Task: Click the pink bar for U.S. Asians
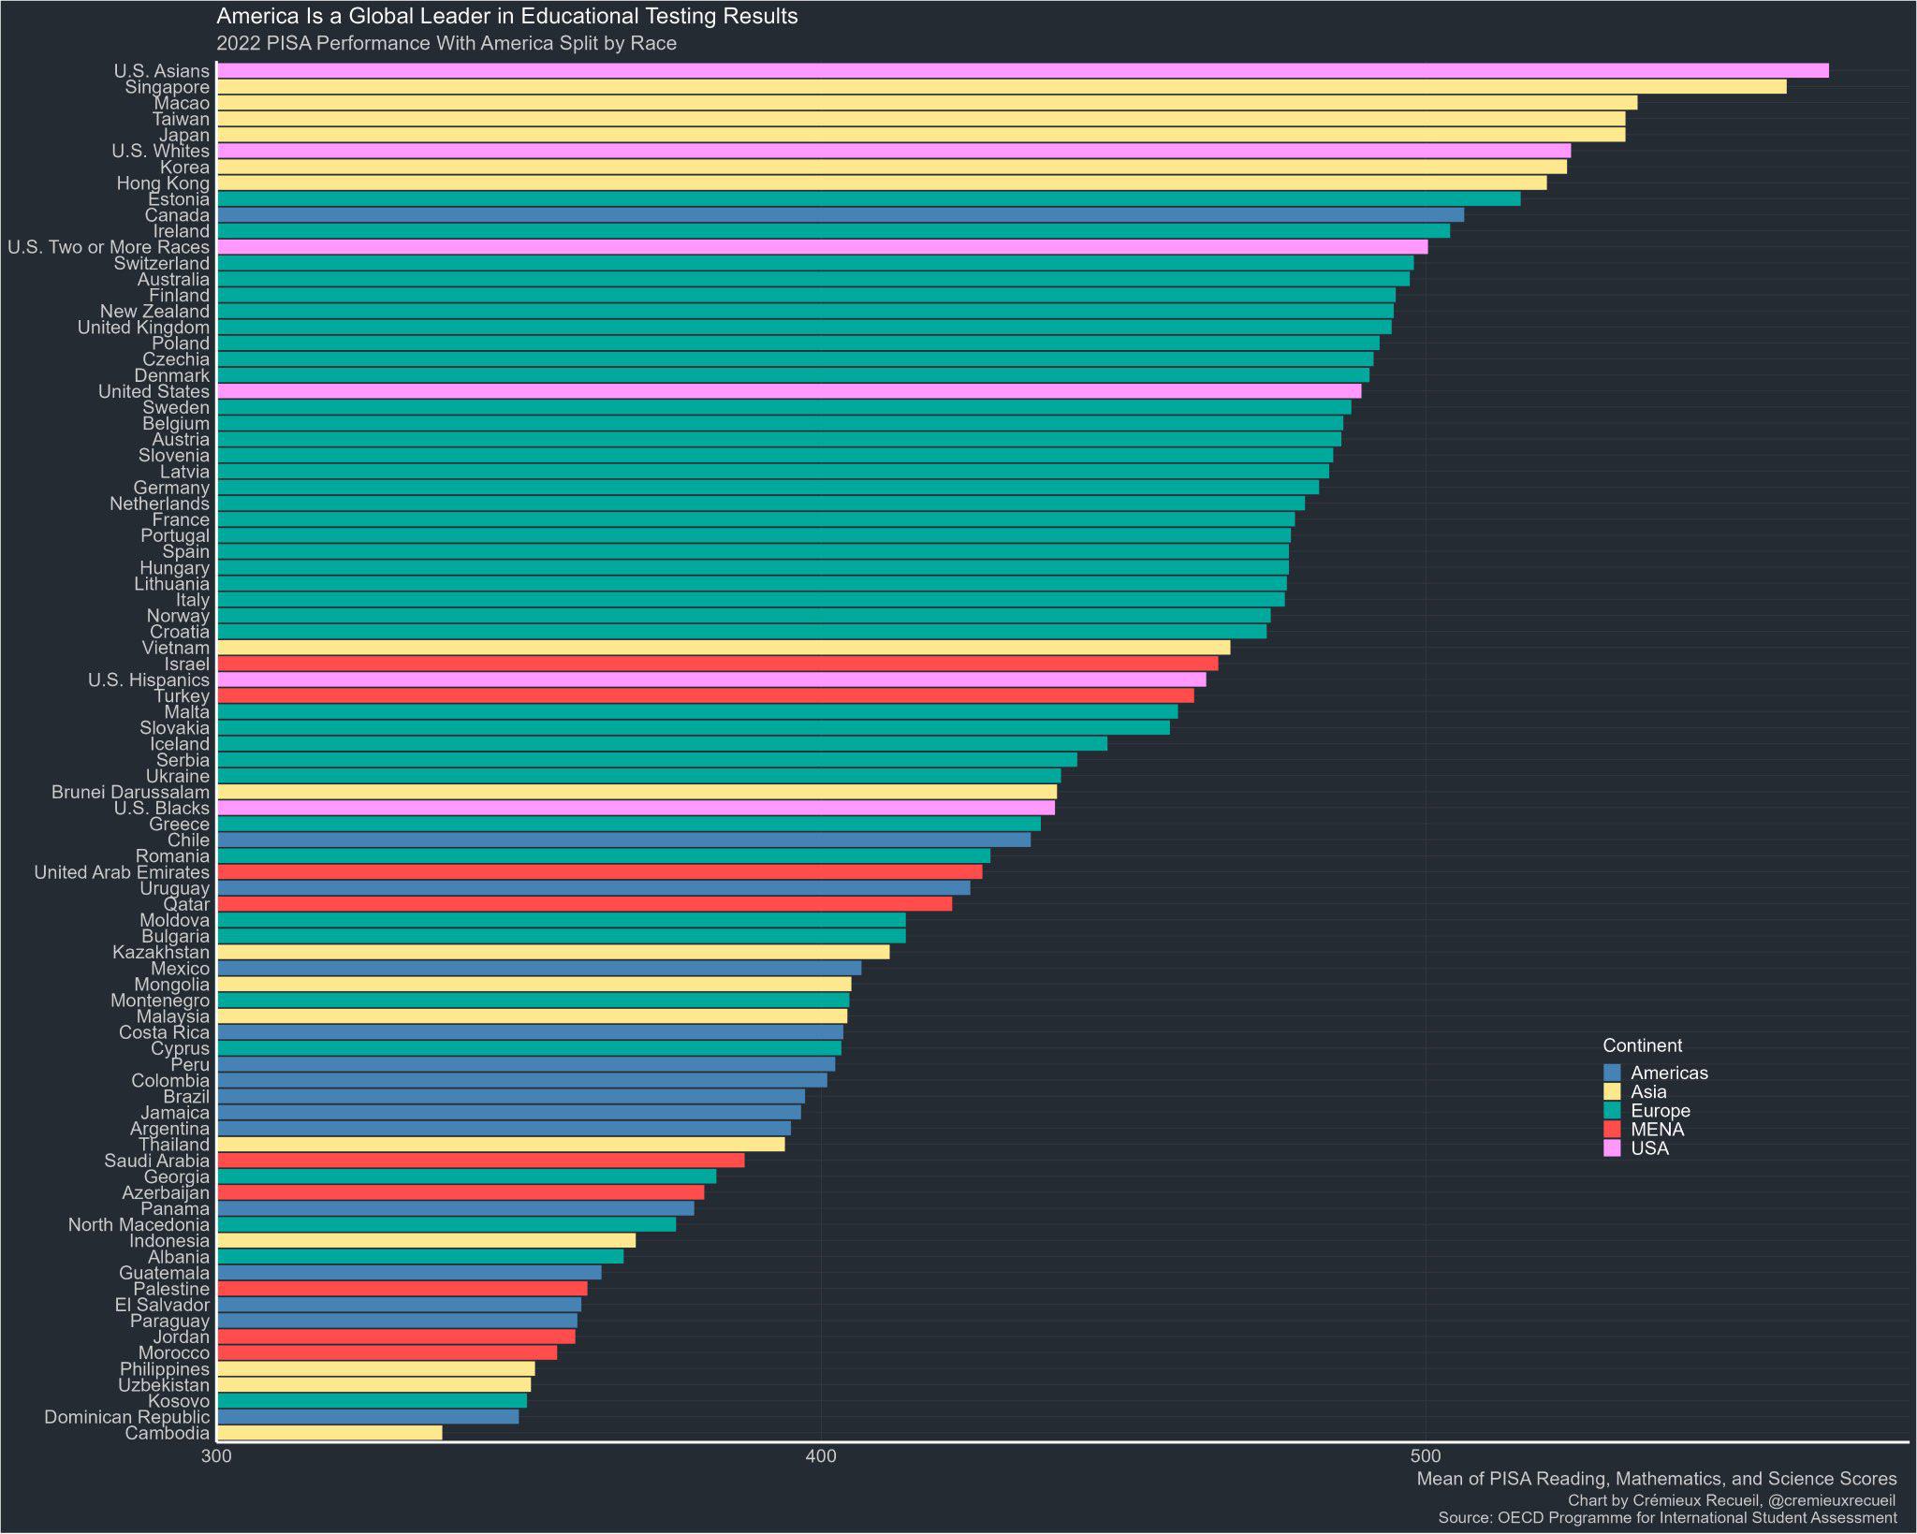[x=1020, y=71]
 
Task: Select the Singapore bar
[x=1002, y=87]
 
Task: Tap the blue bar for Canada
[x=840, y=215]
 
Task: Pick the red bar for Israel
[x=717, y=664]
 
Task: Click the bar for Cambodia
[x=329, y=1433]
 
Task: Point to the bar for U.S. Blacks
[x=636, y=808]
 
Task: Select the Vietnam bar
[x=723, y=648]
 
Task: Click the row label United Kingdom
[x=143, y=328]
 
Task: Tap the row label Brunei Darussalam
[x=130, y=793]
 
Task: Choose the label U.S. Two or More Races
[x=109, y=247]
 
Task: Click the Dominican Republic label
[x=126, y=1417]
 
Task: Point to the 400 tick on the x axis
[x=821, y=1457]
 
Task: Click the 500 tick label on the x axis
[x=1425, y=1457]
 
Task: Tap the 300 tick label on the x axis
[x=216, y=1457]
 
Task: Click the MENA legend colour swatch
[x=1612, y=1130]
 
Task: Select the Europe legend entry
[x=1660, y=1111]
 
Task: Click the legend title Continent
[x=1642, y=1045]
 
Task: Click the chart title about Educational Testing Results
[x=506, y=16]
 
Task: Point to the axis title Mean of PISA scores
[x=1656, y=1479]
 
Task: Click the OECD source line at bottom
[x=1667, y=1518]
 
